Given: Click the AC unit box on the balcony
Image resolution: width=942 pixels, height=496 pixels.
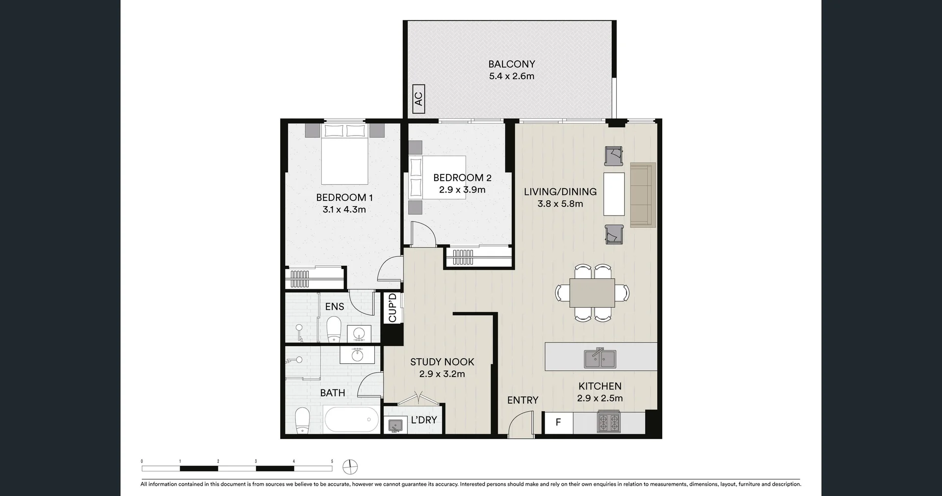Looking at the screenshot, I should point(419,99).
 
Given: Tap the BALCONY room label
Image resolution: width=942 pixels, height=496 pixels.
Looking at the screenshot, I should point(511,64).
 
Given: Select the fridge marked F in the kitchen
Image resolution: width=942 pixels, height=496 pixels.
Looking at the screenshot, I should point(558,422).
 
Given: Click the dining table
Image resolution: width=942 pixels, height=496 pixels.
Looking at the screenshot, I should point(592,293).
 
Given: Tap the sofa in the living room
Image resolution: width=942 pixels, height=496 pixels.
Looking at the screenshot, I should point(643,195).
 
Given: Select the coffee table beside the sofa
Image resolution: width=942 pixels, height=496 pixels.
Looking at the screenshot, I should point(614,194).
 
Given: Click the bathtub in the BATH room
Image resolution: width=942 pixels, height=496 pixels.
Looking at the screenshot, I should point(351,419).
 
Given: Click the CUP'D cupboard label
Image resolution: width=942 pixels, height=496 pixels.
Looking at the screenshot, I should point(392,307).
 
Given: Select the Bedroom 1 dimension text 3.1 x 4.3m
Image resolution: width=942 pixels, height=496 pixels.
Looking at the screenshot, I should point(344,210).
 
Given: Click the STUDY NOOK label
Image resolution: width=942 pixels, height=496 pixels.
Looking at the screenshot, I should point(442,362).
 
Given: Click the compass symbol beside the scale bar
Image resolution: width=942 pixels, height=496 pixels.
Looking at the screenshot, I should point(350,467).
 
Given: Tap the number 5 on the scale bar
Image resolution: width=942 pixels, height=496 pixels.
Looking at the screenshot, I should point(332,461).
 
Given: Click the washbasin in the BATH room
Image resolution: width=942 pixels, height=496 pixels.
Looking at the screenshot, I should point(358,354).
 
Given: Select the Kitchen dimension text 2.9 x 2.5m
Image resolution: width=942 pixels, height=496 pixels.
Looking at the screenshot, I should point(600,398).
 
